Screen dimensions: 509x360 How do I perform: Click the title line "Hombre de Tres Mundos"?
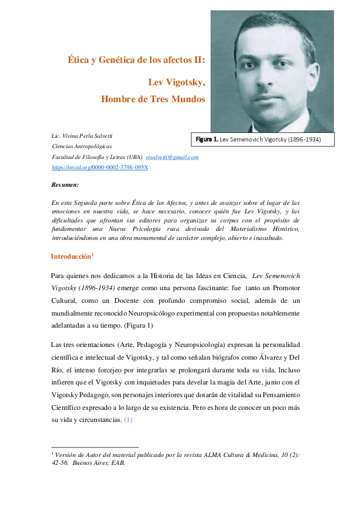[x=153, y=99]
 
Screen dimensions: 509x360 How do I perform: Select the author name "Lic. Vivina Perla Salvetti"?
[x=90, y=135]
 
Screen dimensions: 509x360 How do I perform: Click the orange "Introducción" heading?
[x=70, y=256]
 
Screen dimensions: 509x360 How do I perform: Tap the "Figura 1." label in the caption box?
[x=207, y=140]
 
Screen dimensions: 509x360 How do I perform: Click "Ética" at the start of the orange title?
[x=77, y=60]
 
